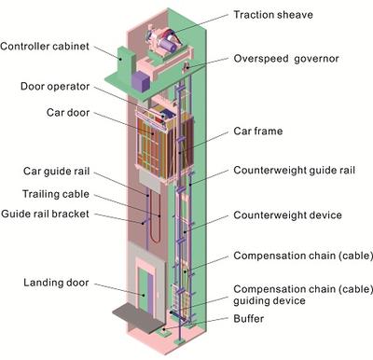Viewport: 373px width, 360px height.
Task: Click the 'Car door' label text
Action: tap(67, 113)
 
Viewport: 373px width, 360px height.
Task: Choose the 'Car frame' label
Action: tap(259, 131)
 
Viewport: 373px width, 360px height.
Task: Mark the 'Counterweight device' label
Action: tap(286, 215)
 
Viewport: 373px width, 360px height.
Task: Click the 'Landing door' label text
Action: tap(53, 282)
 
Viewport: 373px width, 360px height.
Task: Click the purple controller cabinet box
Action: tap(140, 81)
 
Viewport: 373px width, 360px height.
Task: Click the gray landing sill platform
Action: tap(140, 313)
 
